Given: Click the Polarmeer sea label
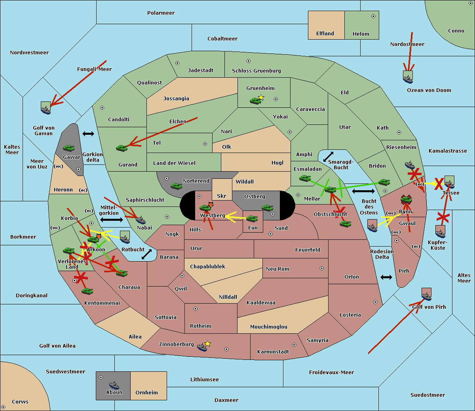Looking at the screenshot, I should coord(161,13).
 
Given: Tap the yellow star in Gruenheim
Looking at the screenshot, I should coord(261,97).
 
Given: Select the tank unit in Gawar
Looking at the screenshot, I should coord(69,148).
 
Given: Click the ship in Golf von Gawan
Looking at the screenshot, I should coord(46,108).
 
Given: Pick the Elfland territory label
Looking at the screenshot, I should coord(325,34).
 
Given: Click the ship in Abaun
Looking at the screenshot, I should coord(114,385).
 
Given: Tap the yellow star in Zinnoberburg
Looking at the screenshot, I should coord(208,344).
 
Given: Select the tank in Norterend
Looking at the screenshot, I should coord(176,186).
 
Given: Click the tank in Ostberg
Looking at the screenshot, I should coord(267,208).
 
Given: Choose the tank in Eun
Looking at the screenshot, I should coord(252,218).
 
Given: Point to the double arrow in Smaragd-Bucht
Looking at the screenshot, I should coord(328,157).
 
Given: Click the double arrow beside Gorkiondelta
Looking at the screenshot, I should coord(88,134).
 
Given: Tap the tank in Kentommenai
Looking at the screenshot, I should coord(87,291).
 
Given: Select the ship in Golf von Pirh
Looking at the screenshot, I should coord(426,294).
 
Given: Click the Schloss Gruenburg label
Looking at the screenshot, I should coord(256,71).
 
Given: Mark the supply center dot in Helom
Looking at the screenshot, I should coord(373,16).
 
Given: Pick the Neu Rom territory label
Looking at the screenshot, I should coord(277,269).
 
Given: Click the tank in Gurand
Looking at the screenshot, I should coord(122,148).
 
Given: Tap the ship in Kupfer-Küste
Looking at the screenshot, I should coord(440,231).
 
